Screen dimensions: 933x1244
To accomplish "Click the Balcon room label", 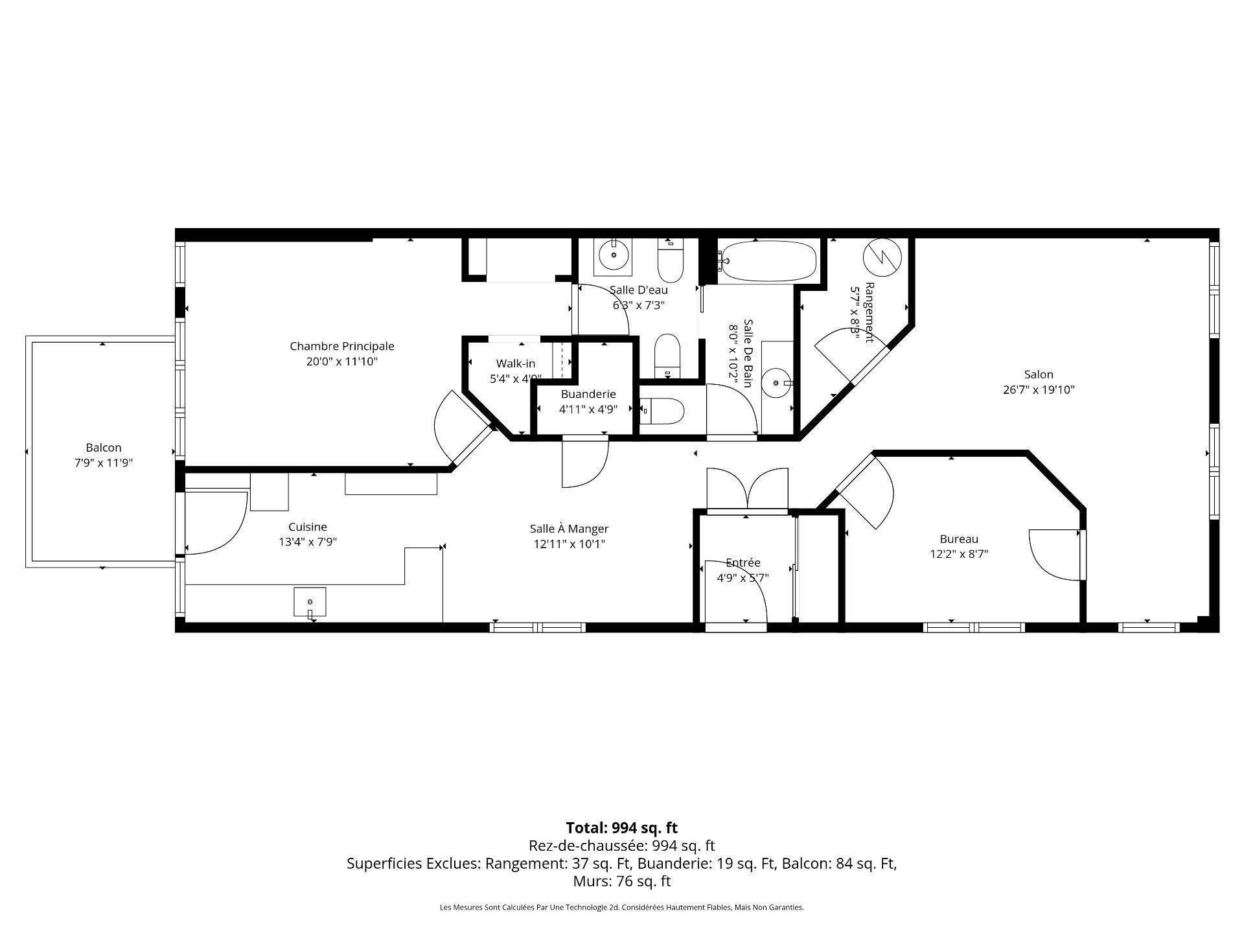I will pyautogui.click(x=104, y=448).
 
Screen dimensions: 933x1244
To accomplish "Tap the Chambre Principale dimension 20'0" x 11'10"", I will pyautogui.click(x=342, y=362).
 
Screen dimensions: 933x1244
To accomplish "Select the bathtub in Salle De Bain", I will pyautogui.click(x=768, y=261).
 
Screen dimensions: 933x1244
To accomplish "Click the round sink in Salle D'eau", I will pyautogui.click(x=613, y=255).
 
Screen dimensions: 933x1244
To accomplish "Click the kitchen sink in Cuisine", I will pyautogui.click(x=310, y=602).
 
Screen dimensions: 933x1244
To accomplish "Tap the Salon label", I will pyautogui.click(x=1039, y=374).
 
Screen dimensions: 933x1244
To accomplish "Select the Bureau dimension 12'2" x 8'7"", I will pyautogui.click(x=959, y=554).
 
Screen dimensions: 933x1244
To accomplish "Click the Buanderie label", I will pyautogui.click(x=588, y=394).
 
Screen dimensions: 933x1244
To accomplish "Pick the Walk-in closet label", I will pyautogui.click(x=516, y=363).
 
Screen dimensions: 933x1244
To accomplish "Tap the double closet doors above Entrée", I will pyautogui.click(x=748, y=489).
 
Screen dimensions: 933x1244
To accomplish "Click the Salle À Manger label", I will pyautogui.click(x=569, y=529).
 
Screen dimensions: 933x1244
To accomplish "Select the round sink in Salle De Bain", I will pyautogui.click(x=776, y=383).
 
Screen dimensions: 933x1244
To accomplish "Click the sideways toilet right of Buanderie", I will pyautogui.click(x=664, y=411).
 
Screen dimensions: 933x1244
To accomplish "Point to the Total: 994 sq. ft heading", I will pyautogui.click(x=622, y=827).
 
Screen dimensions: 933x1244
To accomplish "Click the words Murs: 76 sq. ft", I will pyautogui.click(x=622, y=881).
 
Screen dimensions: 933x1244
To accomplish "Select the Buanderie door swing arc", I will pyautogui.click(x=585, y=463).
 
